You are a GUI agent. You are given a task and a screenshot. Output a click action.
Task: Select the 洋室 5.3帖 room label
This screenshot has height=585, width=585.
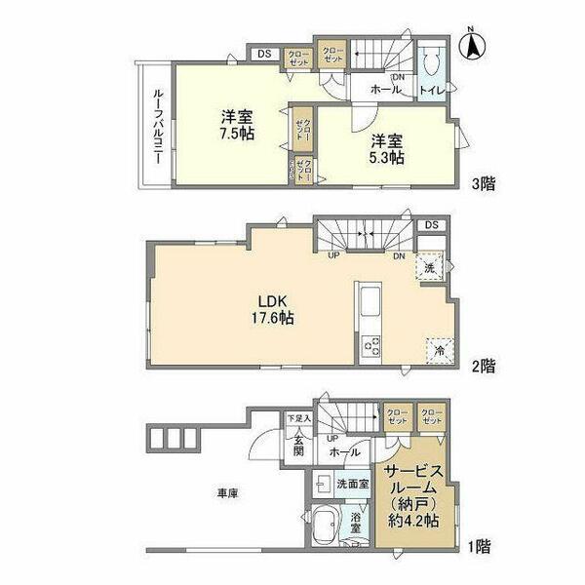[x=386, y=151]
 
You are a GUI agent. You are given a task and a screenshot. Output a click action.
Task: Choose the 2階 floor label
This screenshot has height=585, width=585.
[x=484, y=368]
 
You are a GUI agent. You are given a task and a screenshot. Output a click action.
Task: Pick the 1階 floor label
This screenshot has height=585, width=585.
[x=479, y=547]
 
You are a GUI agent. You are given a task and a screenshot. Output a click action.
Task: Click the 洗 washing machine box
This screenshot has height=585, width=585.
[x=429, y=266]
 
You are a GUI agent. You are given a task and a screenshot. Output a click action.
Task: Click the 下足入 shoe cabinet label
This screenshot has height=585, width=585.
[x=298, y=419]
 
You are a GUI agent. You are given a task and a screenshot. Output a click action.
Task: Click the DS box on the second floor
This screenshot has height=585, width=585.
[x=432, y=225]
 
